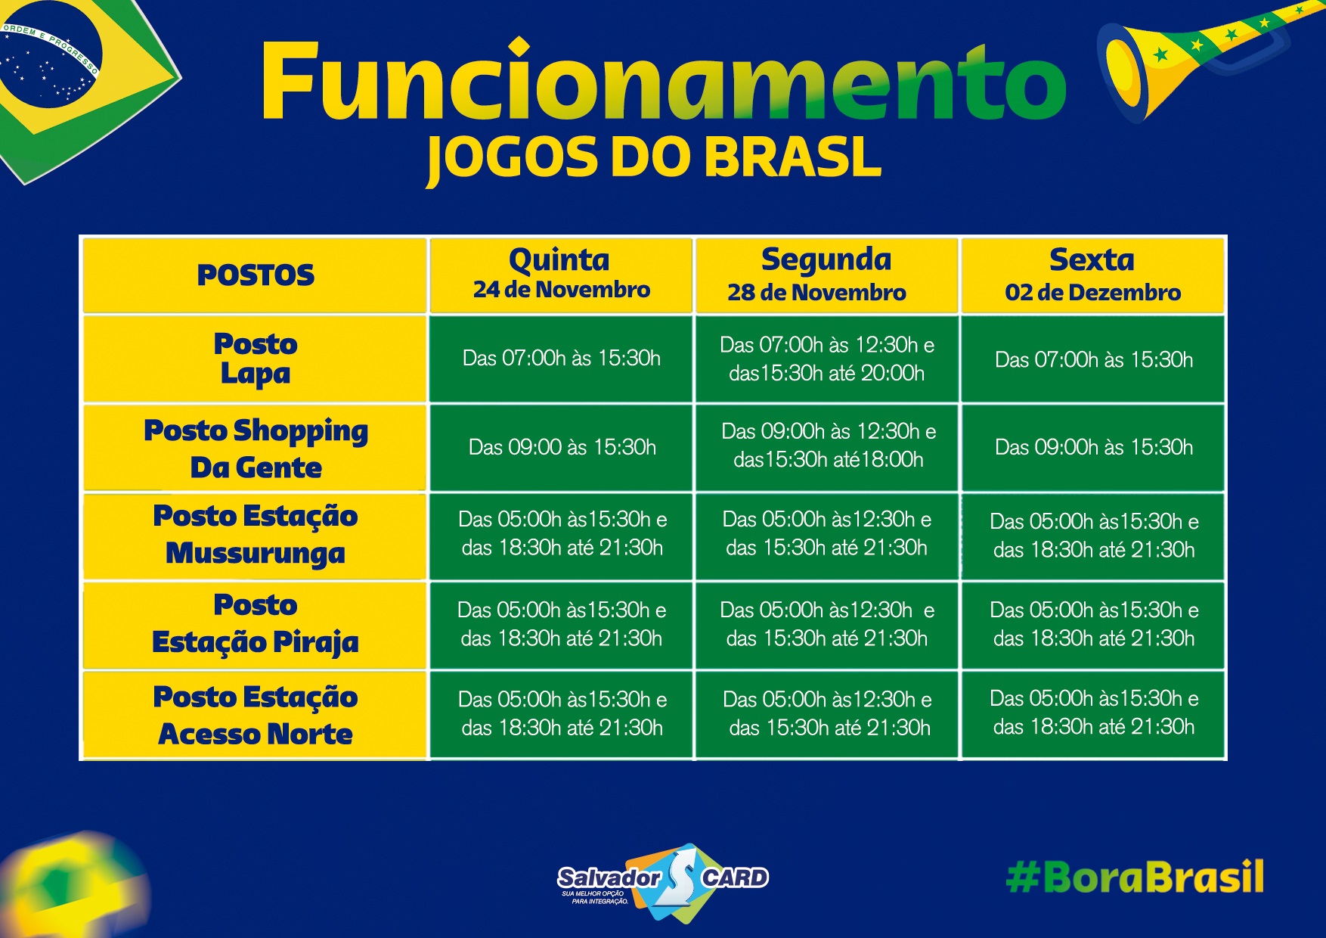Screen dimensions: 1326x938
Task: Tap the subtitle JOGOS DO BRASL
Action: click(x=654, y=159)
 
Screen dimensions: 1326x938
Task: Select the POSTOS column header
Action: click(x=256, y=275)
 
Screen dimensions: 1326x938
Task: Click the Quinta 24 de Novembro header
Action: click(x=561, y=273)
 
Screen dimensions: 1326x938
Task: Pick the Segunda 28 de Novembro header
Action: click(x=817, y=274)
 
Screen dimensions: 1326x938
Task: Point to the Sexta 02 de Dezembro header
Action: click(x=1093, y=274)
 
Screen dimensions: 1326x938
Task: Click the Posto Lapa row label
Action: click(x=256, y=359)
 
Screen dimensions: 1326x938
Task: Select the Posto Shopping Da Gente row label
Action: click(x=256, y=448)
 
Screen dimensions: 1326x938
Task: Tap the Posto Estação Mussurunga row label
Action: click(x=256, y=534)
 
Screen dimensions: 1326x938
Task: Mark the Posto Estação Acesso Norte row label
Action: click(x=256, y=715)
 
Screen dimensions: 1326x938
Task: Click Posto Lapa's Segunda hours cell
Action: click(x=827, y=359)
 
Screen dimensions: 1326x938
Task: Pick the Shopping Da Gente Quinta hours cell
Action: click(x=562, y=447)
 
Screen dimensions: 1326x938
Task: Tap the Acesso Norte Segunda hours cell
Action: click(x=828, y=713)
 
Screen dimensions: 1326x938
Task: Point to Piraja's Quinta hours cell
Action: click(x=562, y=624)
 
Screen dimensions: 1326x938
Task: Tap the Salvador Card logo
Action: click(x=663, y=882)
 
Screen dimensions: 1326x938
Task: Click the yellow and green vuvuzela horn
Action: click(x=1194, y=57)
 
